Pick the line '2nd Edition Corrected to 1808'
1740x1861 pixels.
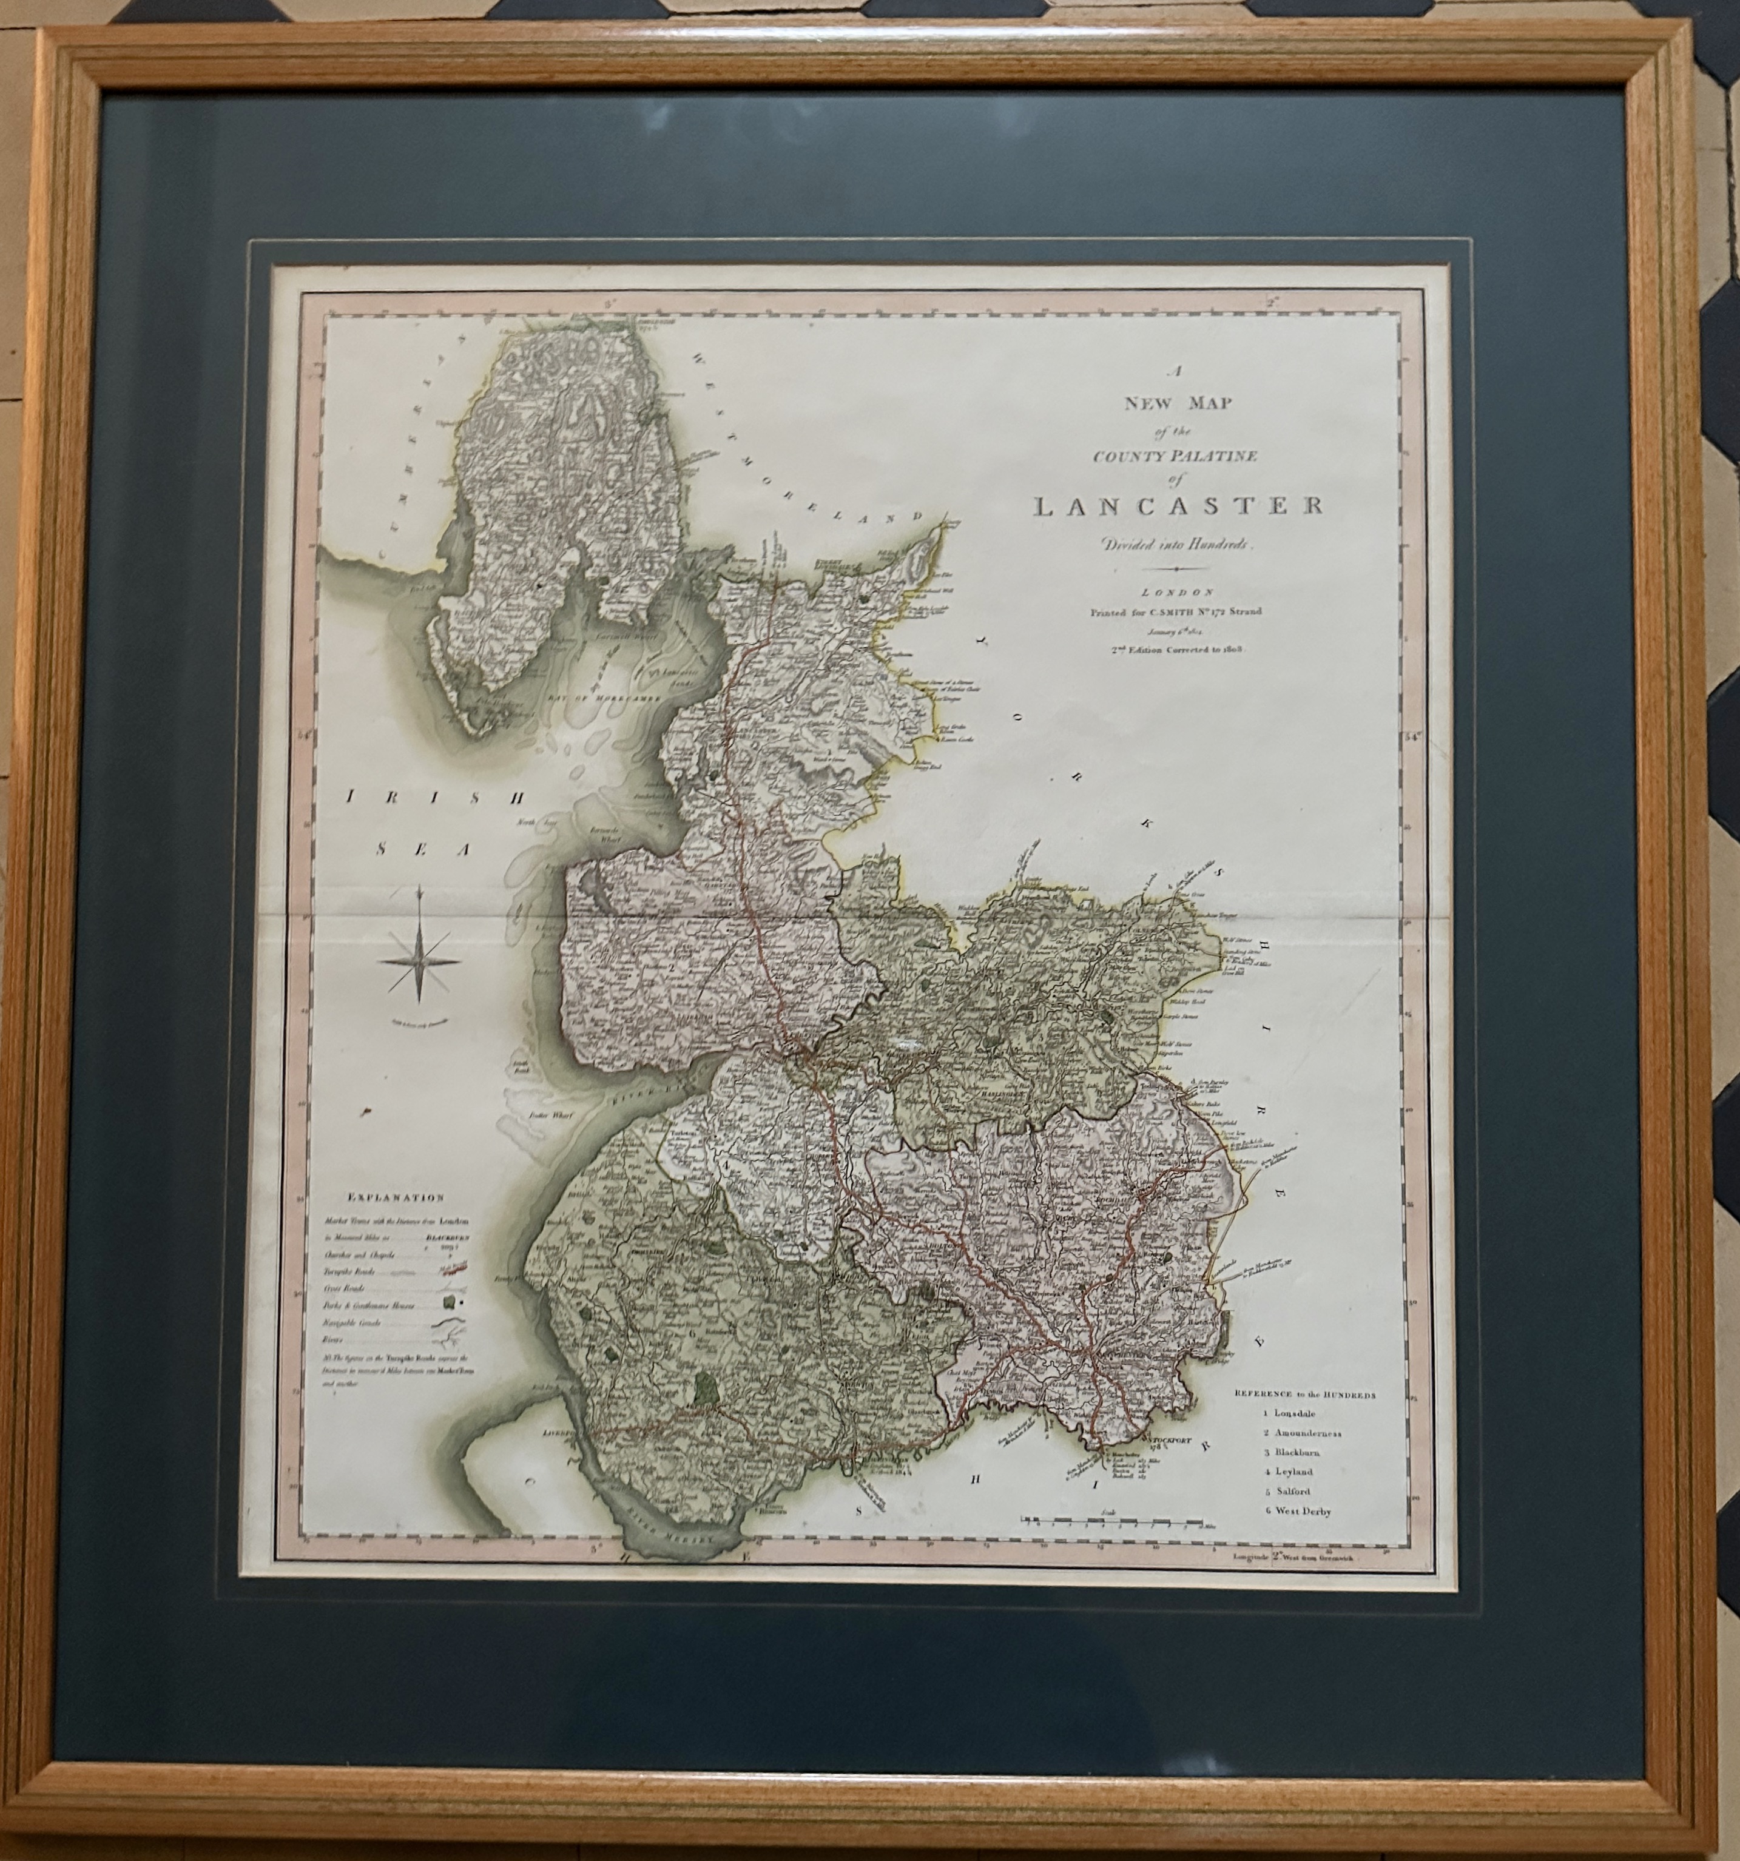[x=1176, y=648]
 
